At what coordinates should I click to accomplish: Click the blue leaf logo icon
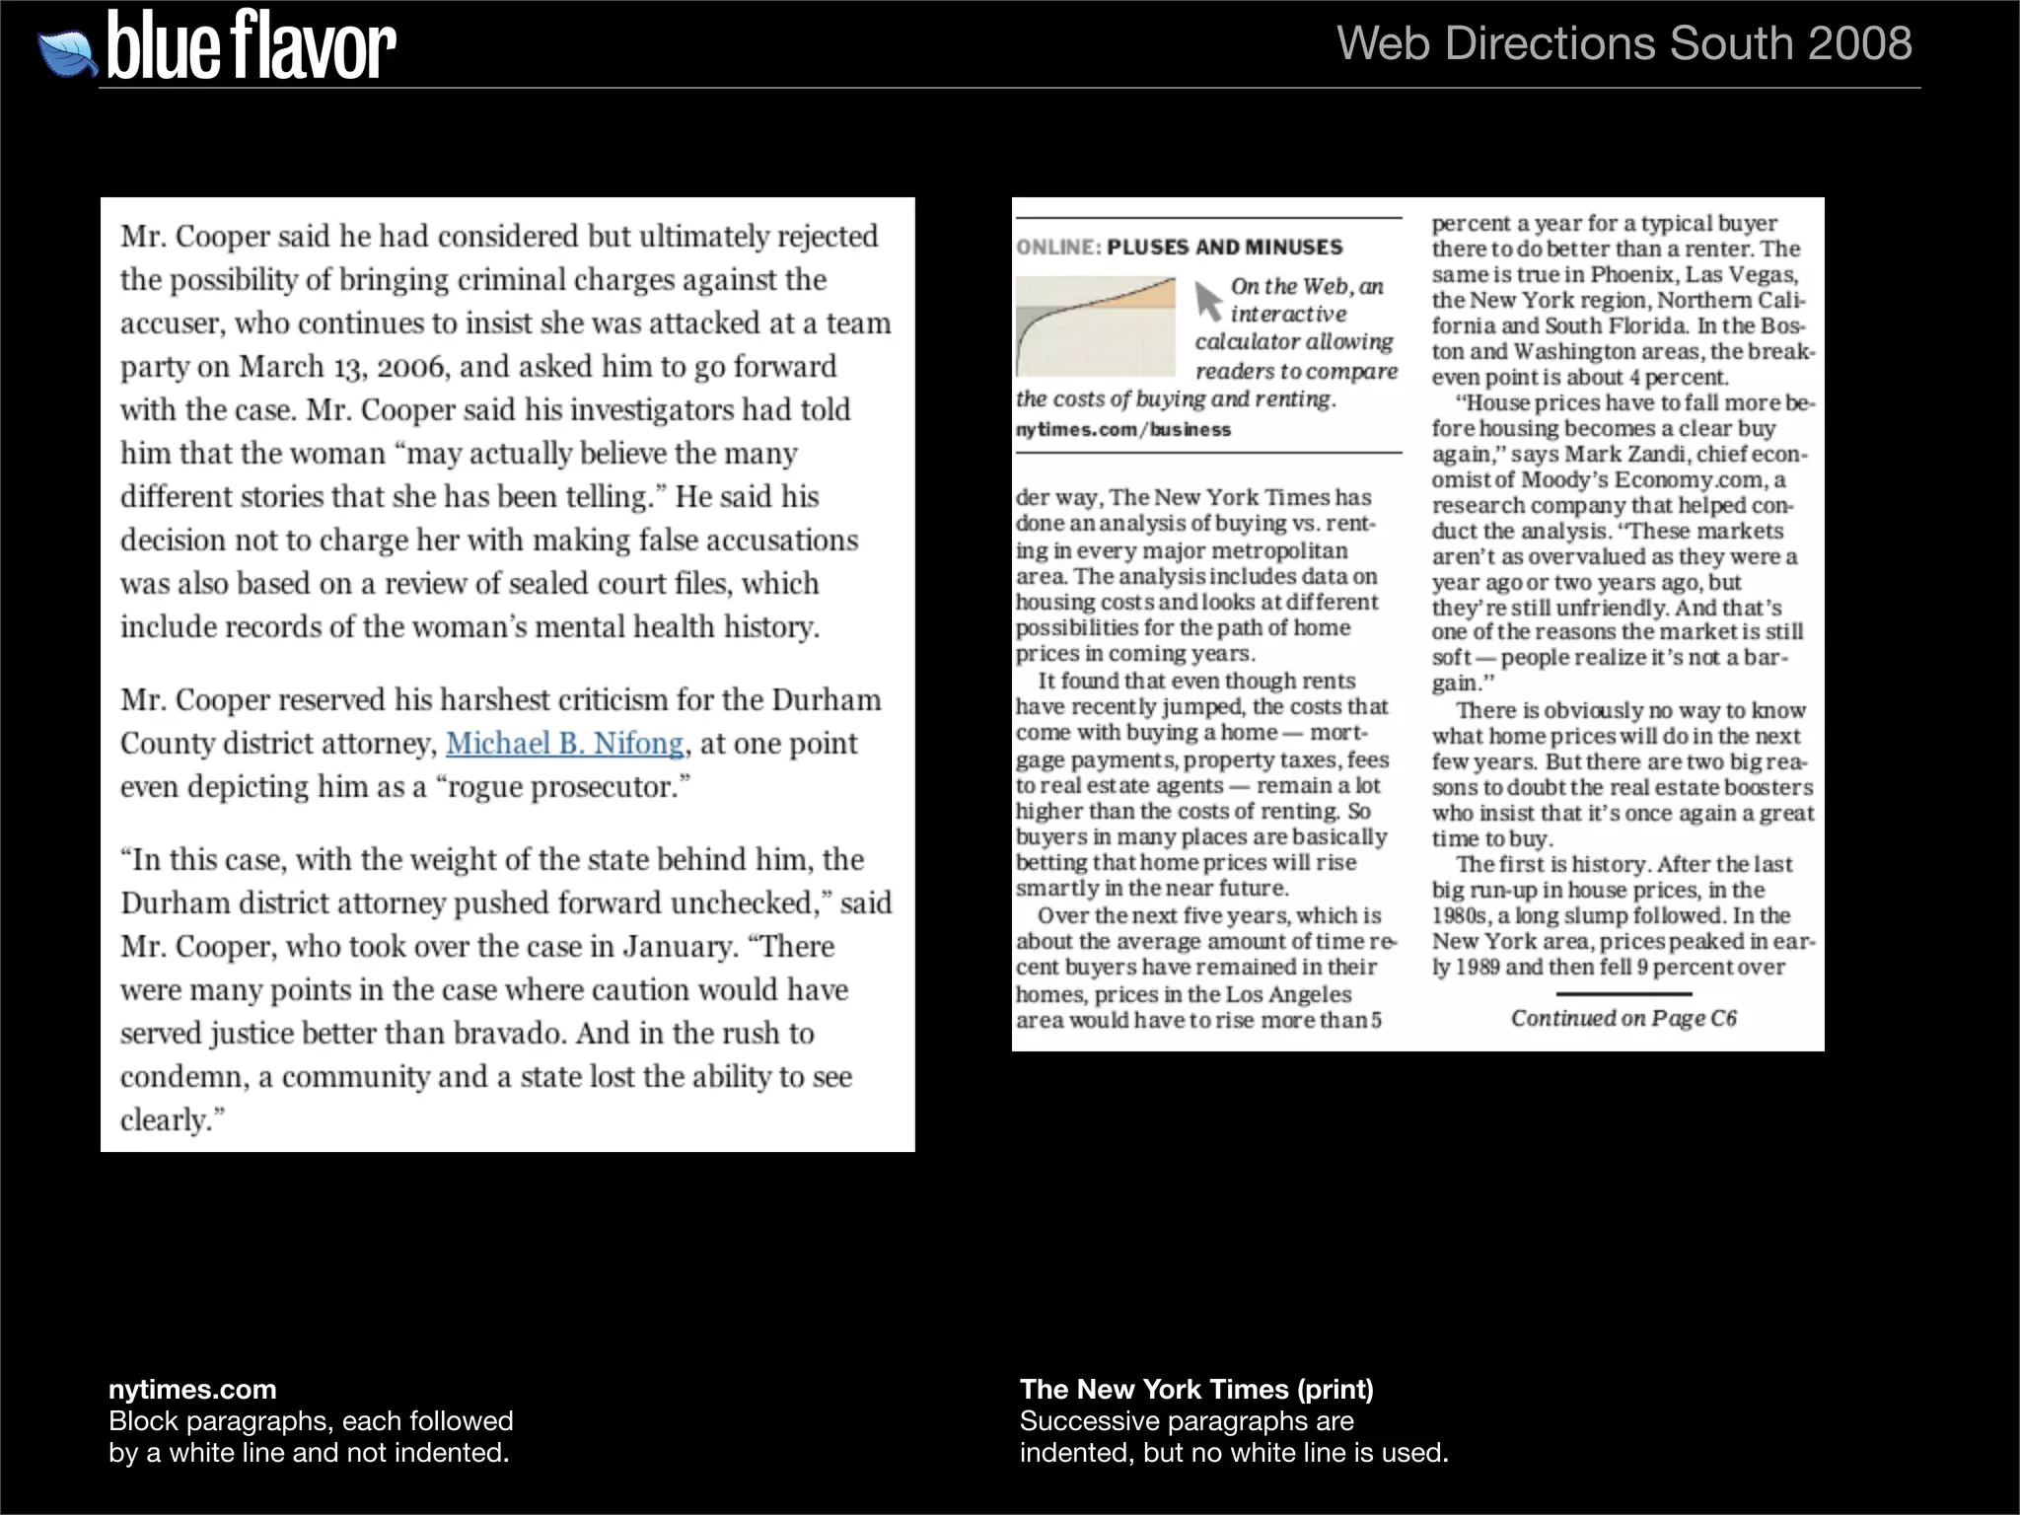point(67,52)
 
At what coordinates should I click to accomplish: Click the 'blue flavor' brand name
point(251,46)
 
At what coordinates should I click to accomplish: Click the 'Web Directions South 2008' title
point(1623,43)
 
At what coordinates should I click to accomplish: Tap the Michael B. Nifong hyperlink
point(564,743)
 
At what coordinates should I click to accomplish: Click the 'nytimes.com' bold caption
point(192,1389)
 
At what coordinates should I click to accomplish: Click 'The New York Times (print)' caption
point(1195,1389)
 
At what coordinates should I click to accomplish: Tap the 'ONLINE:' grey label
point(1058,248)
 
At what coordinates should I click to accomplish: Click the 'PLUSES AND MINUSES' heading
point(1224,248)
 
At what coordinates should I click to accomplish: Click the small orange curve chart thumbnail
point(1095,326)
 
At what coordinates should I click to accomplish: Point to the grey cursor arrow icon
point(1207,300)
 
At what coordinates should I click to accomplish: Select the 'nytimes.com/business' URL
point(1122,430)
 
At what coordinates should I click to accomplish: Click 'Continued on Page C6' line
point(1623,1018)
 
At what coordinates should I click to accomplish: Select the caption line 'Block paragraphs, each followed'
point(311,1420)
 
